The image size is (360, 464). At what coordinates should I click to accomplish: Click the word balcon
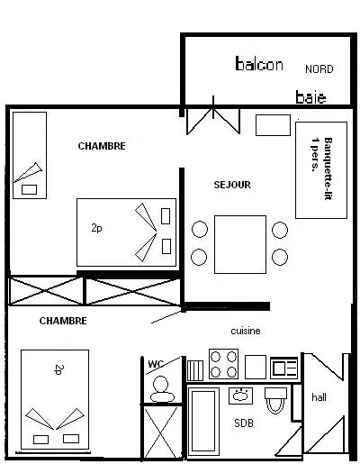tap(259, 64)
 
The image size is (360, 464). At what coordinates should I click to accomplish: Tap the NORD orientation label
tap(319, 69)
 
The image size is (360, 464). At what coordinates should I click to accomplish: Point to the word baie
tap(310, 97)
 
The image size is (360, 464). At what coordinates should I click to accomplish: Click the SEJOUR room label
tap(232, 185)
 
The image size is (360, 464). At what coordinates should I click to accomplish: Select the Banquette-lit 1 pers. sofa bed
tap(321, 170)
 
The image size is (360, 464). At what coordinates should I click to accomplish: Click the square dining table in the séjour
tap(240, 244)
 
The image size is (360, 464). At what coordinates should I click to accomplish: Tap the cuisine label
tap(246, 331)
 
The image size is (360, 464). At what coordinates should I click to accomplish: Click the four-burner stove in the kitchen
tap(223, 363)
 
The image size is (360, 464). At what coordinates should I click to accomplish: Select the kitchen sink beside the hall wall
tap(283, 368)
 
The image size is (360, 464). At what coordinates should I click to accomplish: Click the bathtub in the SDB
tap(203, 419)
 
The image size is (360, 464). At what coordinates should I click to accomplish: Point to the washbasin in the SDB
tap(240, 396)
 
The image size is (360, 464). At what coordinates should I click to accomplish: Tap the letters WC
tap(156, 364)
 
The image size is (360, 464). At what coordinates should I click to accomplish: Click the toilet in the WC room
tap(162, 389)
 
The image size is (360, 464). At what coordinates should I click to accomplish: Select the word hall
tap(319, 397)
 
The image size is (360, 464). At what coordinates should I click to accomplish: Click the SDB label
tap(244, 423)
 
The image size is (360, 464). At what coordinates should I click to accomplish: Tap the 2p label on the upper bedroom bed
tap(96, 228)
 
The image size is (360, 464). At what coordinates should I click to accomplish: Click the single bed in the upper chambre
tap(30, 155)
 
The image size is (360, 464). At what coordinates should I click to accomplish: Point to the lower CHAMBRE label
tap(63, 321)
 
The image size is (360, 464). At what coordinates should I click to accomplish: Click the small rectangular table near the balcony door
tap(273, 125)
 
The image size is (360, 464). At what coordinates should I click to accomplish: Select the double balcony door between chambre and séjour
tap(213, 119)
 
